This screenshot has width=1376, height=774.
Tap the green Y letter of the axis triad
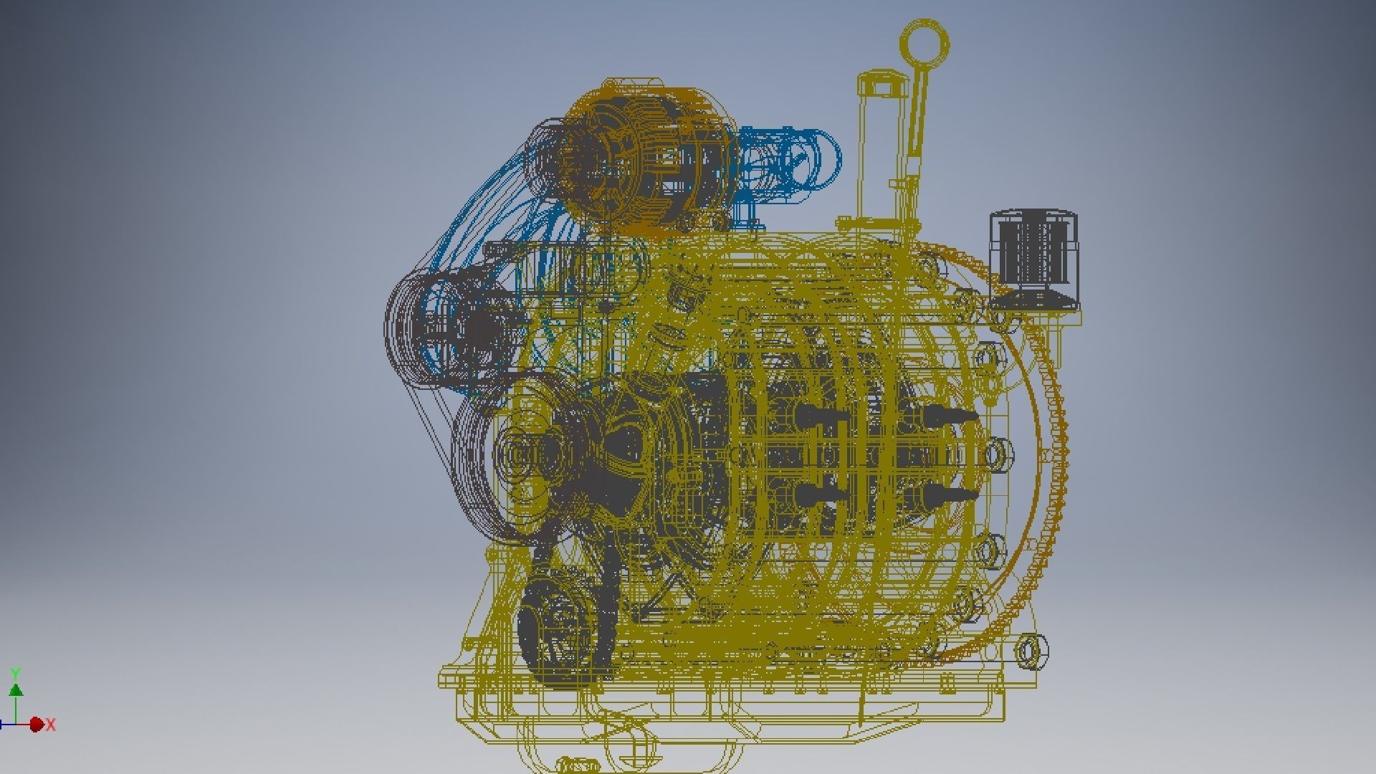15,674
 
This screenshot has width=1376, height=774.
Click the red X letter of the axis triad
51,725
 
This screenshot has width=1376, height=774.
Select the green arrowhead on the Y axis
15,690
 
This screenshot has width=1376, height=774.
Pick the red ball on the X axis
36,725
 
